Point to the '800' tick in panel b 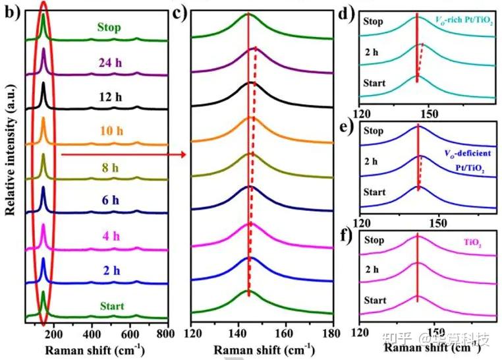168,333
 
